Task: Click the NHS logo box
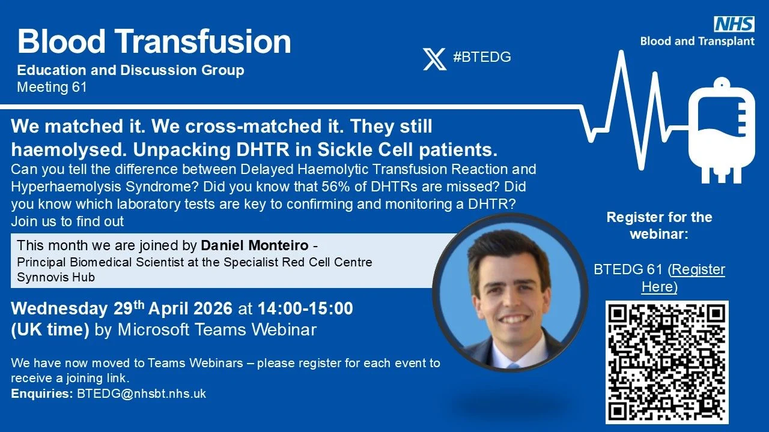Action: (734, 23)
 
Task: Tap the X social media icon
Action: (434, 59)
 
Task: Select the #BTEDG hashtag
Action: (482, 57)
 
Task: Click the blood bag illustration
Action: (722, 130)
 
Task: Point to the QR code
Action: (667, 362)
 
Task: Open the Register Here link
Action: (683, 278)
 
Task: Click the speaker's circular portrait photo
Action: (511, 292)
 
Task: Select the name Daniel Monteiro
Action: (254, 245)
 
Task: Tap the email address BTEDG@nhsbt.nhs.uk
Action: (141, 394)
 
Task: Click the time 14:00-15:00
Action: (305, 308)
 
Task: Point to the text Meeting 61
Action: (52, 87)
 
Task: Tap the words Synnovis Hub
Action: (56, 277)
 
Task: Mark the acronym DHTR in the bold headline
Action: (263, 150)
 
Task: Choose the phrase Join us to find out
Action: (67, 221)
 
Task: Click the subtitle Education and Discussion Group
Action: (131, 70)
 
